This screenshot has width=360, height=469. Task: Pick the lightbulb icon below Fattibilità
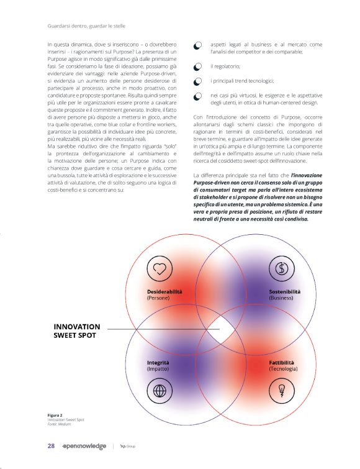click(x=282, y=391)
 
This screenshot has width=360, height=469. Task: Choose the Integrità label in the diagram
click(x=158, y=362)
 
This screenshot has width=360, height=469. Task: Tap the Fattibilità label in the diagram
click(x=281, y=362)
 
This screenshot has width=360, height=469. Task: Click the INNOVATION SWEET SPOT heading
click(x=77, y=331)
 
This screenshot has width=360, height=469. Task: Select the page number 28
click(x=52, y=445)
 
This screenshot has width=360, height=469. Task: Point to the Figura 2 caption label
click(x=55, y=414)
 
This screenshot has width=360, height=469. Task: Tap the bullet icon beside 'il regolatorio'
click(x=197, y=66)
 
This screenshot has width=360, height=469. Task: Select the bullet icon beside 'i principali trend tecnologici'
click(x=197, y=81)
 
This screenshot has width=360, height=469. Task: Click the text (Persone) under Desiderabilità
click(x=158, y=298)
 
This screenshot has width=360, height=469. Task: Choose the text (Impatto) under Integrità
click(x=158, y=369)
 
